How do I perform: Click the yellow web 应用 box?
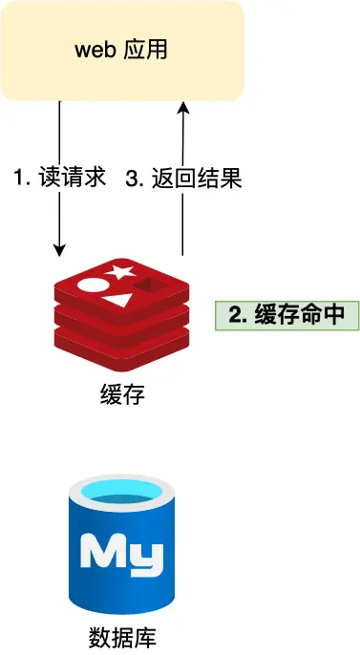click(x=121, y=50)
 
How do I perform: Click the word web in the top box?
click(x=95, y=50)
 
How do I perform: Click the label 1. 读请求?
click(x=58, y=178)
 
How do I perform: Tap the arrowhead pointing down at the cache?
click(x=60, y=249)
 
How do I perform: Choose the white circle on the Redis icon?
click(x=91, y=284)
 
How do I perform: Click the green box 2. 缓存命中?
click(x=286, y=316)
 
